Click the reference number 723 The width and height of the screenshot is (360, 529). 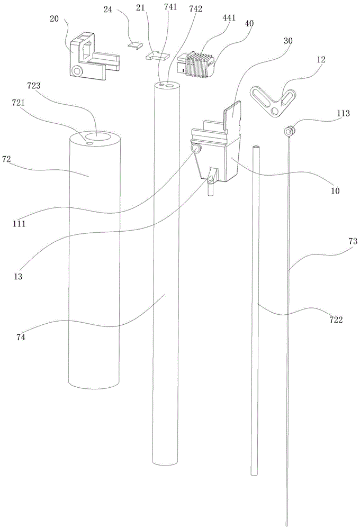(34, 86)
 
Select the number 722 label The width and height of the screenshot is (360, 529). (336, 320)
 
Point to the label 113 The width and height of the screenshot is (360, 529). (343, 113)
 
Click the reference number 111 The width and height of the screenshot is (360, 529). (19, 223)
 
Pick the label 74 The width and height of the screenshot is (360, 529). (21, 336)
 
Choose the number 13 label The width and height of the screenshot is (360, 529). (18, 276)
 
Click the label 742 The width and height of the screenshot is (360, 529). (196, 9)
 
